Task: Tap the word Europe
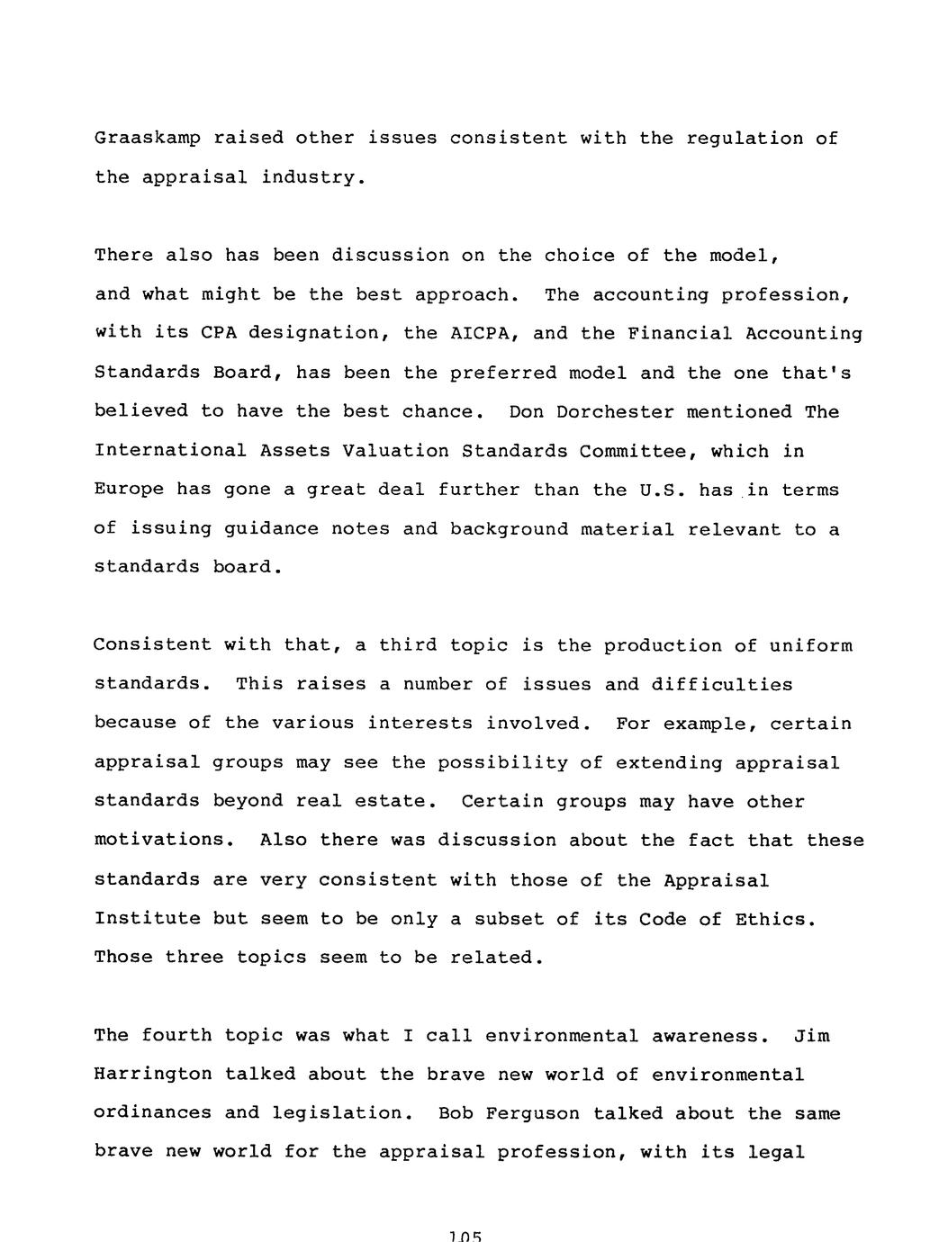click(129, 490)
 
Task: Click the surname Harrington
click(153, 1075)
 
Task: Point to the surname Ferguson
click(537, 1114)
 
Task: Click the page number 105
click(465, 1236)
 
